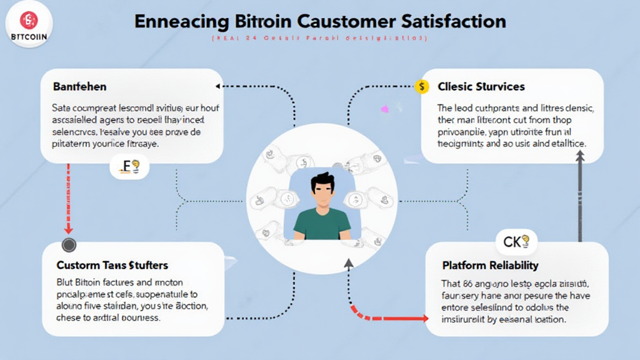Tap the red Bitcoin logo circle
(x=29, y=20)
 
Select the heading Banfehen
(x=79, y=86)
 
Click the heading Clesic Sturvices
(x=481, y=86)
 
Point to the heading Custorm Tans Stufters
(x=112, y=266)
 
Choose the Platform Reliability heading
(x=490, y=266)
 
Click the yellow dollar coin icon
(x=423, y=86)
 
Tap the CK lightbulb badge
(x=516, y=241)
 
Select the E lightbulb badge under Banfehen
(x=129, y=167)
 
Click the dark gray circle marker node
(x=69, y=244)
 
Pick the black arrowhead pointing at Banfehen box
(x=218, y=86)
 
